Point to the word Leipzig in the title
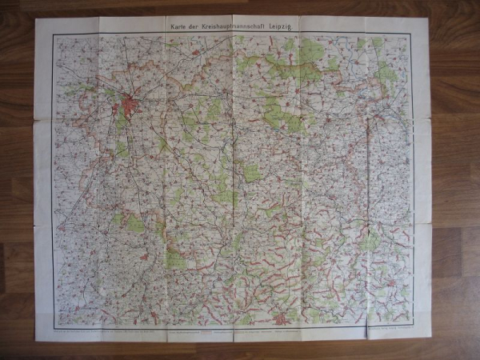[x=290, y=26]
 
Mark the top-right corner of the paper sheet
[x=430, y=17]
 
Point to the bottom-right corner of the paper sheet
[x=432, y=336]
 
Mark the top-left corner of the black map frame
[x=53, y=34]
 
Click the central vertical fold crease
[x=234, y=176]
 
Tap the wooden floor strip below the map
[x=240, y=351]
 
